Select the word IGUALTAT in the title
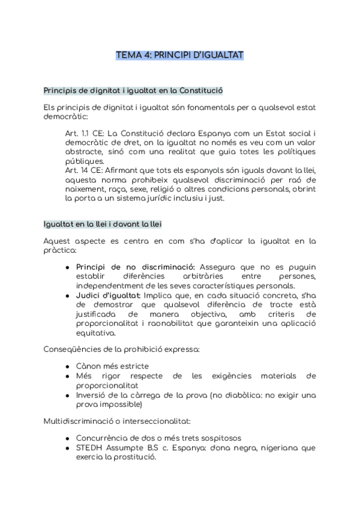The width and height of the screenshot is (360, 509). [x=220, y=55]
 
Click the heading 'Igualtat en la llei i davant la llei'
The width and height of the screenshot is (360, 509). [x=102, y=224]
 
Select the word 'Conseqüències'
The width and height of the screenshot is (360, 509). [x=72, y=349]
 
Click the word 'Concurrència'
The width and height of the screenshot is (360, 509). [x=103, y=438]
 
